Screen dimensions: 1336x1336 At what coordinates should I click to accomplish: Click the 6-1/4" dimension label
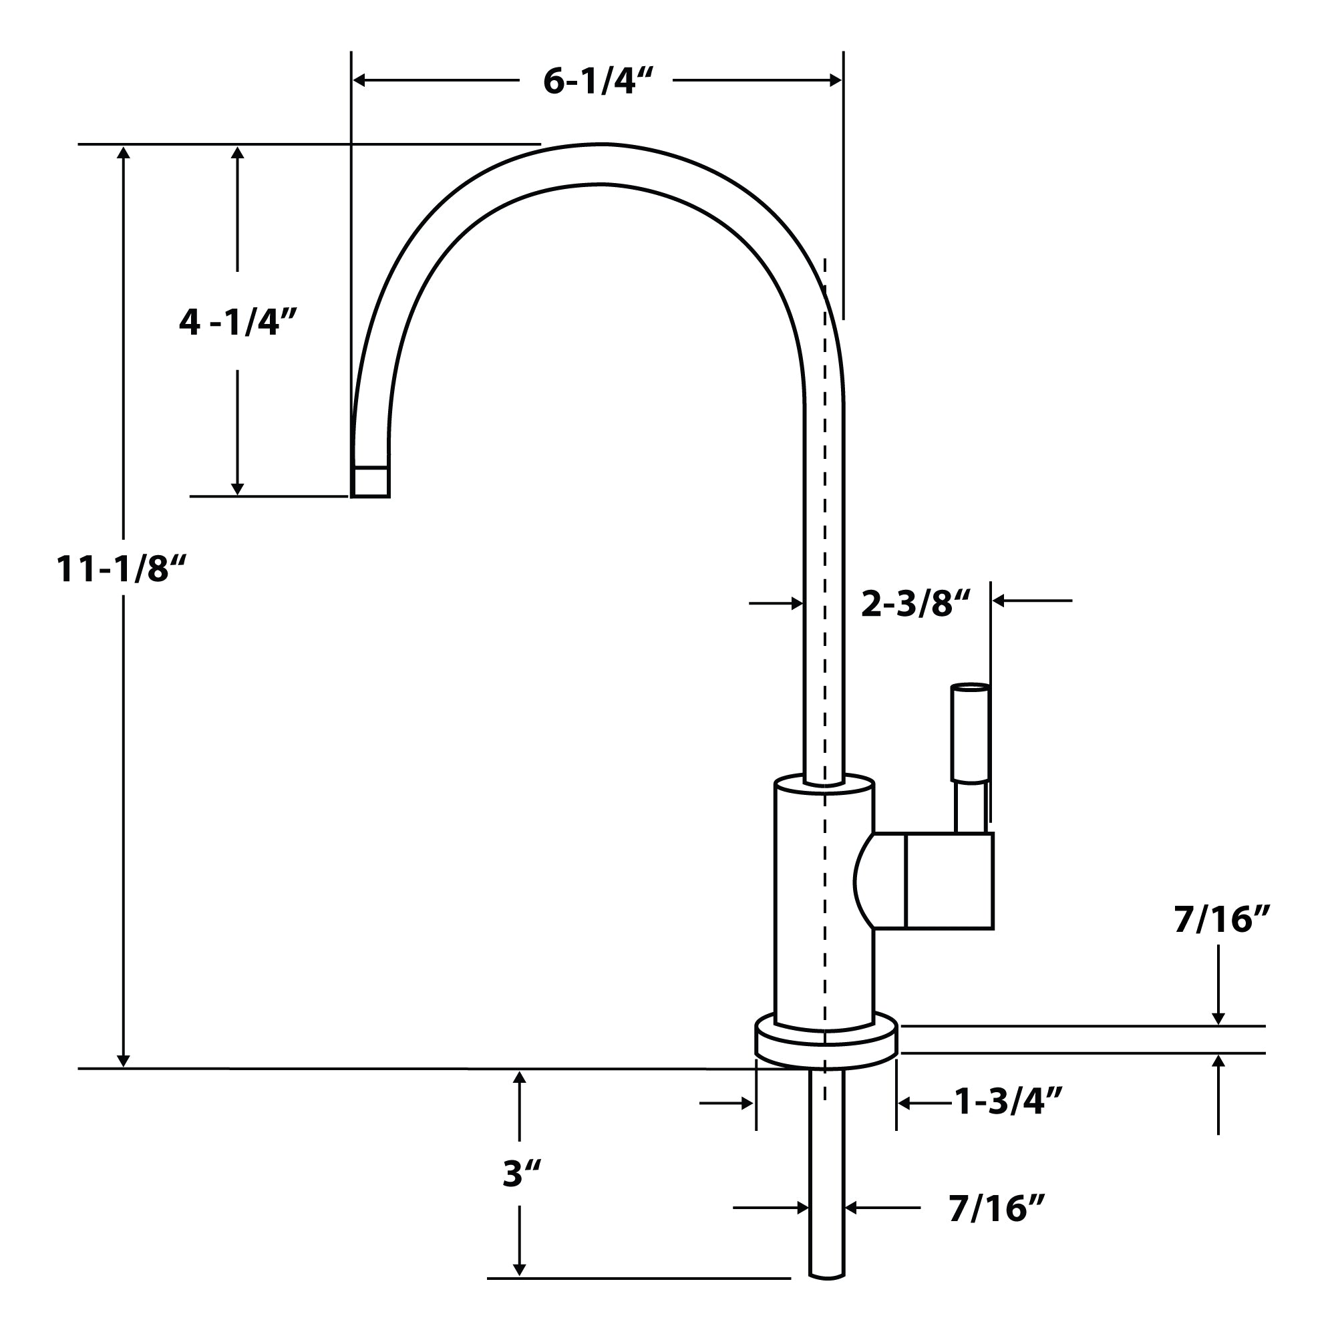click(597, 81)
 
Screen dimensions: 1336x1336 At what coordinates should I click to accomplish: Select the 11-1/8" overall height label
click(122, 569)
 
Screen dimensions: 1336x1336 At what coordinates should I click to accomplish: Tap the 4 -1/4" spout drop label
click(238, 322)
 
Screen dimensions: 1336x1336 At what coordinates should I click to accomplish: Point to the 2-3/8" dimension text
click(916, 604)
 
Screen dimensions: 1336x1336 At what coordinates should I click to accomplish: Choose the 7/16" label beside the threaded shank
click(996, 1208)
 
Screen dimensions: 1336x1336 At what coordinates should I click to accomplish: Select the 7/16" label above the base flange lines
click(1222, 920)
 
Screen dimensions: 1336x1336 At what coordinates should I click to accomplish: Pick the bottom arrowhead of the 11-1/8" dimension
click(124, 1060)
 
